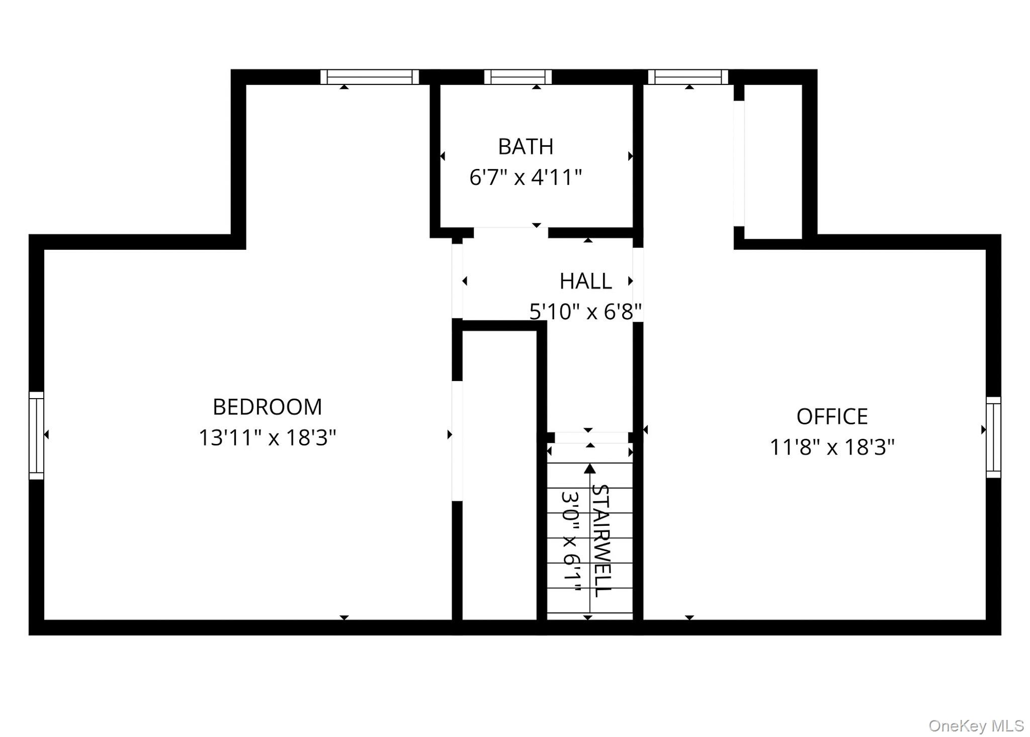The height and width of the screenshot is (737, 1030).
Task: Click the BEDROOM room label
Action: point(267,407)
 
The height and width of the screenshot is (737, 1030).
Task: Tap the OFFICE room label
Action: point(832,416)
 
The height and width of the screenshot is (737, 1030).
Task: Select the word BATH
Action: point(526,146)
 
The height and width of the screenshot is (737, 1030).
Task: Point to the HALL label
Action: point(585,281)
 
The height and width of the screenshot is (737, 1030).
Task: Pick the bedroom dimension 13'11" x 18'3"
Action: point(267,437)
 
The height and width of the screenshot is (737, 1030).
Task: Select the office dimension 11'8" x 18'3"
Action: point(832,447)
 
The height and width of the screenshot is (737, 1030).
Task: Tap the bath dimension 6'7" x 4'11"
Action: point(526,177)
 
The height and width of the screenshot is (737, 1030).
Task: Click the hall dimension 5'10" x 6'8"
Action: point(585,312)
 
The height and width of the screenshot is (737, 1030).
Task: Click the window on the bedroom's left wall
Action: point(36,435)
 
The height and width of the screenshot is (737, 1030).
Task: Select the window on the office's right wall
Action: point(993,437)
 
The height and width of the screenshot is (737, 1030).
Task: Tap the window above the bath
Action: point(518,77)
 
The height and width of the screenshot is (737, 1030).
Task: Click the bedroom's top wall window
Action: point(370,77)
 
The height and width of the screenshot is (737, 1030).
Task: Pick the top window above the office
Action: point(688,77)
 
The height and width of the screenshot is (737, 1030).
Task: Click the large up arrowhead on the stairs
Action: point(590,469)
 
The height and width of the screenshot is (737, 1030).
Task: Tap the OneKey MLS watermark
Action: point(976,725)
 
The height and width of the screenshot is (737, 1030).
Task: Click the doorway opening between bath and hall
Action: point(510,232)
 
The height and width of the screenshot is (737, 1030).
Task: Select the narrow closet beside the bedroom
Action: point(499,475)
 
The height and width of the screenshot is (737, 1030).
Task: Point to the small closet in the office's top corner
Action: point(773,161)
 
